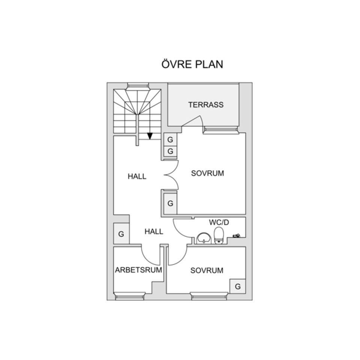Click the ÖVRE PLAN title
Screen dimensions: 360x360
192,64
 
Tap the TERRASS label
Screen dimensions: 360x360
206,105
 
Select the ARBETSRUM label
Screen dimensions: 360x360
138,270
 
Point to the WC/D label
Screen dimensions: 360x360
219,222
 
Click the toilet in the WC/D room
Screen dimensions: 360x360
219,235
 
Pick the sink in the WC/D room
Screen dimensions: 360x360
204,238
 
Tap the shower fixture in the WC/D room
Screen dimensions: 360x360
237,235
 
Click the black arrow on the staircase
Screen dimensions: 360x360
150,136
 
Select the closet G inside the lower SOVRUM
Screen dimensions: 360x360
238,286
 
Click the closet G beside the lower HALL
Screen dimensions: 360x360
121,234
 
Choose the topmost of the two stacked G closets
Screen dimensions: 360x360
170,139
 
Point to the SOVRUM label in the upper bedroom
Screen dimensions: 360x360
207,173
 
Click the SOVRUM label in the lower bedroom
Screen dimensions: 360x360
207,270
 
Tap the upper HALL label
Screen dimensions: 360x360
137,176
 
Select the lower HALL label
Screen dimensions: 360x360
154,231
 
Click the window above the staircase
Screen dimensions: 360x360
138,86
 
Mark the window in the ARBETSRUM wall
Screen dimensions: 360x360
129,296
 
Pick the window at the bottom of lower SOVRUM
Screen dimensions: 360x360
209,296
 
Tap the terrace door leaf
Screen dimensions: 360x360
192,121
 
